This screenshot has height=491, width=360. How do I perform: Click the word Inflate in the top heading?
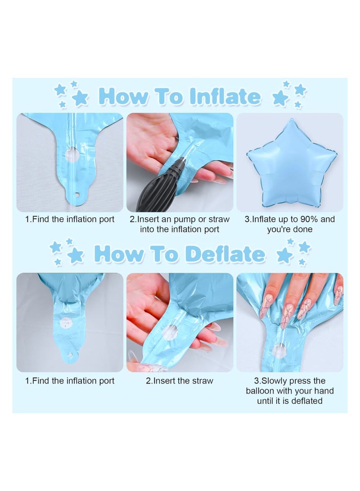pos(225,96)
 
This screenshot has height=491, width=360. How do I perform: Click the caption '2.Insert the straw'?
pos(180,381)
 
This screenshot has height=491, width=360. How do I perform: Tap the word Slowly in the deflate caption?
pos(274,381)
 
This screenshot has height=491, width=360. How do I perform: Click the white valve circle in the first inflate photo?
pos(72,154)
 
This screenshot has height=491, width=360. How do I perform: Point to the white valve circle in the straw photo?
pos(169,333)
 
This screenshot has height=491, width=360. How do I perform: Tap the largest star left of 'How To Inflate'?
pos(80,98)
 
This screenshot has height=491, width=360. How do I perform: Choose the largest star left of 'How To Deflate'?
pos(76,256)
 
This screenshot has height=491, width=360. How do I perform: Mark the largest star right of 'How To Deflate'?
pos(284,256)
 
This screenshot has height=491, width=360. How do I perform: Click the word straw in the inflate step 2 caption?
pos(218,219)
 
